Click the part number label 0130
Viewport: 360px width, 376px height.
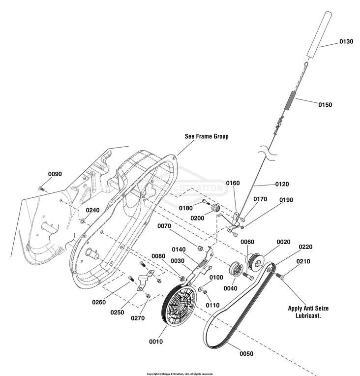(x=346, y=42)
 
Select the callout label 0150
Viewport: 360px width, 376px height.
(x=325, y=105)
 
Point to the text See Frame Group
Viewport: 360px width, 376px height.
(x=207, y=136)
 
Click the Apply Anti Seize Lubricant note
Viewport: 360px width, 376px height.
(x=308, y=312)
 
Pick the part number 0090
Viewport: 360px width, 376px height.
(x=55, y=174)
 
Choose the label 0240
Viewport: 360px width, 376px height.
(x=92, y=210)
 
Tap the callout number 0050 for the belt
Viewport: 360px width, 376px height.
(x=247, y=353)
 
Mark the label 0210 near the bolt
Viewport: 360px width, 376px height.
(x=303, y=261)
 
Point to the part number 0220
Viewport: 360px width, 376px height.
(x=305, y=247)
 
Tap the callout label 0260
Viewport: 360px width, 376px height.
(x=99, y=302)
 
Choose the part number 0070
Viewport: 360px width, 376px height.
(x=164, y=226)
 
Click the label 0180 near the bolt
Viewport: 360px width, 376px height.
(x=185, y=208)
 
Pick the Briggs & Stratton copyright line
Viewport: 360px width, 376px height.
(x=180, y=374)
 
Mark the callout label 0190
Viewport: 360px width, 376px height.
(x=286, y=200)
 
